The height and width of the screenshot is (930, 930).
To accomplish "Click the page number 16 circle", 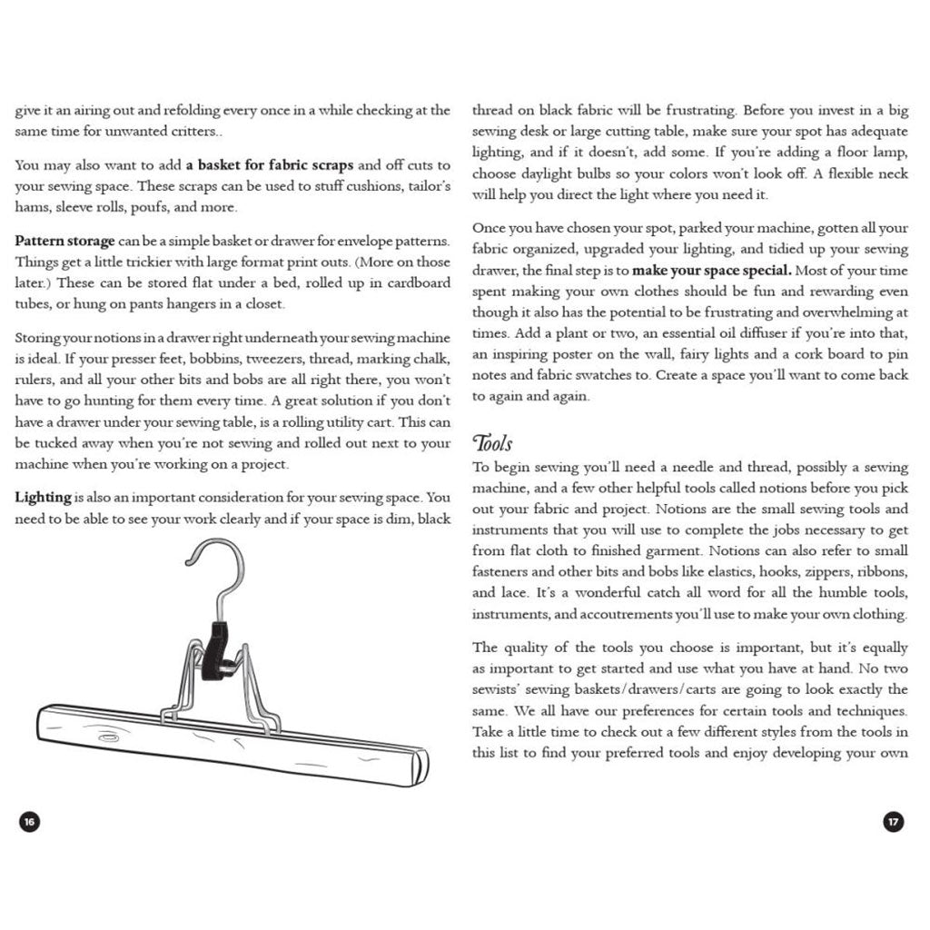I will coord(29,822).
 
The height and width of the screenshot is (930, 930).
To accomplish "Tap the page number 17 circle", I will coord(894,822).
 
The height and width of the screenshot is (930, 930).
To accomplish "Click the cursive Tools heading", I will coord(492,443).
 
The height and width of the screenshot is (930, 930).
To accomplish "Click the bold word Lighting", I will coord(43,498).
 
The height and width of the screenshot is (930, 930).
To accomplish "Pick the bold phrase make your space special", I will coord(712,271).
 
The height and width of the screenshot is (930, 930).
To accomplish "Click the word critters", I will coord(190,132).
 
